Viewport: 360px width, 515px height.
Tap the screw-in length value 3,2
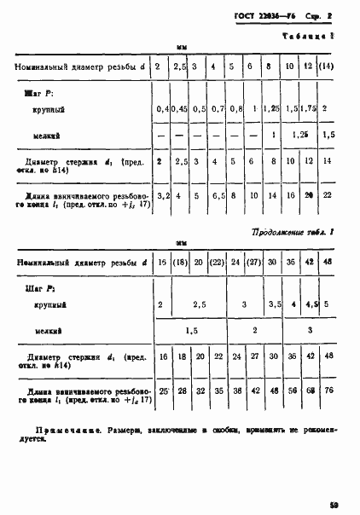(160, 195)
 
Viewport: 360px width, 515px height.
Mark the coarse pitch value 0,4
(161, 110)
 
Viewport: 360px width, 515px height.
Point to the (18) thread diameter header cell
(179, 263)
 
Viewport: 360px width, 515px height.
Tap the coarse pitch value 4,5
(311, 304)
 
